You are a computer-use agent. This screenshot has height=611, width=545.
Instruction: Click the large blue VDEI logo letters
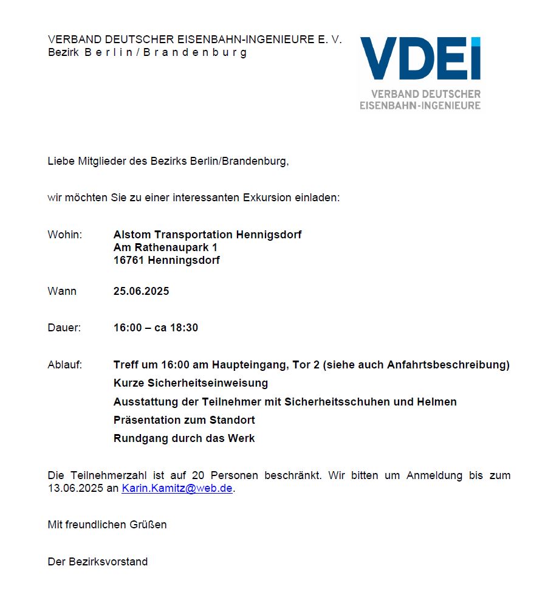point(420,60)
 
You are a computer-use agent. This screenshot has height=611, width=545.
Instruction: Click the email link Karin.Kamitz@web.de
point(177,488)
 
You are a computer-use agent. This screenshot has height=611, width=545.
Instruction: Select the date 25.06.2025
point(141,291)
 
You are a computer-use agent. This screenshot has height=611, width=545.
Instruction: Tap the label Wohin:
point(64,235)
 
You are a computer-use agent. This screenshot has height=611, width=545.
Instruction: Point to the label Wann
point(62,291)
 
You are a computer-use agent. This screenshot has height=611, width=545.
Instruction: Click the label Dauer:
point(64,328)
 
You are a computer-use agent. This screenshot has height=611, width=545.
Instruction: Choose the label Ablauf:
point(64,365)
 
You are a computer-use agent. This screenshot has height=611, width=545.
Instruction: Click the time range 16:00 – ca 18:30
point(156,328)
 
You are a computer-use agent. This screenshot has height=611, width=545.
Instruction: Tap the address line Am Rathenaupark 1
point(165,247)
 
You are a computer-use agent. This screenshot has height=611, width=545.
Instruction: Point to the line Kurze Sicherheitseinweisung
point(190,383)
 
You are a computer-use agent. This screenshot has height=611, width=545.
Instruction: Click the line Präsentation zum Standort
point(184,420)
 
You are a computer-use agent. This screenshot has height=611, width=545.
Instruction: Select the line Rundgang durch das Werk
point(184,438)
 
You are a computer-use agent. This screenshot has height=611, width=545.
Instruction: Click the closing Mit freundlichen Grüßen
point(107,524)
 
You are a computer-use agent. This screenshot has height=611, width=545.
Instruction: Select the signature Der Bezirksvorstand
point(97,562)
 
